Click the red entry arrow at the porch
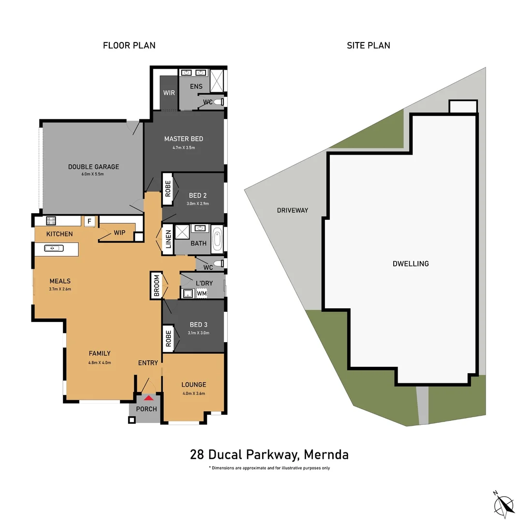click(x=149, y=398)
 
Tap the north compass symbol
click(x=503, y=504)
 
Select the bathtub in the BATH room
click(x=217, y=240)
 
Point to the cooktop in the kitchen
click(x=51, y=221)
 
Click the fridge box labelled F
click(x=89, y=221)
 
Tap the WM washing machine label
click(x=202, y=293)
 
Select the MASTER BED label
click(x=183, y=139)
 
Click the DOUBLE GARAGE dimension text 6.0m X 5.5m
click(x=93, y=174)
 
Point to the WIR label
click(x=169, y=93)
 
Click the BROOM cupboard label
click(x=156, y=285)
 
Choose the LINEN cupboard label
click(x=168, y=239)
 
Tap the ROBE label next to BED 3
click(x=168, y=338)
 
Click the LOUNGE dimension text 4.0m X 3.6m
click(x=193, y=393)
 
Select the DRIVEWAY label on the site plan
click(x=293, y=210)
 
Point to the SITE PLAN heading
click(x=368, y=45)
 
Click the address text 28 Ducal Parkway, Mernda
click(x=269, y=454)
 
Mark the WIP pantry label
click(x=119, y=232)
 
